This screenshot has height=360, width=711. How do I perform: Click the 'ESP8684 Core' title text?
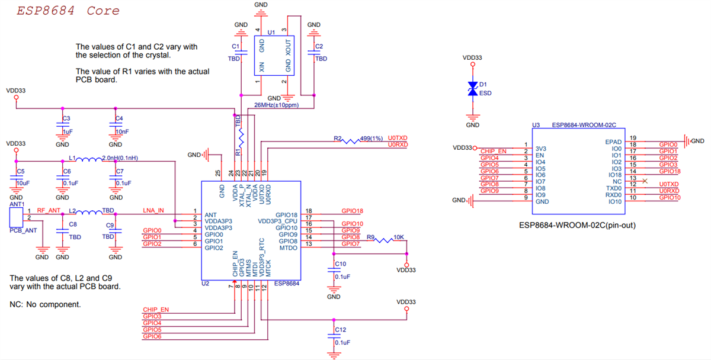pyautogui.click(x=68, y=11)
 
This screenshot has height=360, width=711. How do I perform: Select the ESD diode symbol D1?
pyautogui.click(x=472, y=89)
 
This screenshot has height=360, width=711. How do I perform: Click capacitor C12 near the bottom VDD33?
pyautogui.click(x=333, y=335)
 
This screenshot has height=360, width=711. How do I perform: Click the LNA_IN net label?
pyautogui.click(x=153, y=211)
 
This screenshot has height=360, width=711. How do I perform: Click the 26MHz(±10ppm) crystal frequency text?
pyautogui.click(x=276, y=105)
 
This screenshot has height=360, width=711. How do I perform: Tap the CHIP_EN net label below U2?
pyautogui.click(x=156, y=310)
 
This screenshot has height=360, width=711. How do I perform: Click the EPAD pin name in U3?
pyautogui.click(x=614, y=142)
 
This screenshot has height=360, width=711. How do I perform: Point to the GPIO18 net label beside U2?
pyautogui.click(x=353, y=211)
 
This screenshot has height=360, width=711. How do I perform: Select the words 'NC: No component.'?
pyautogui.click(x=45, y=304)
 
